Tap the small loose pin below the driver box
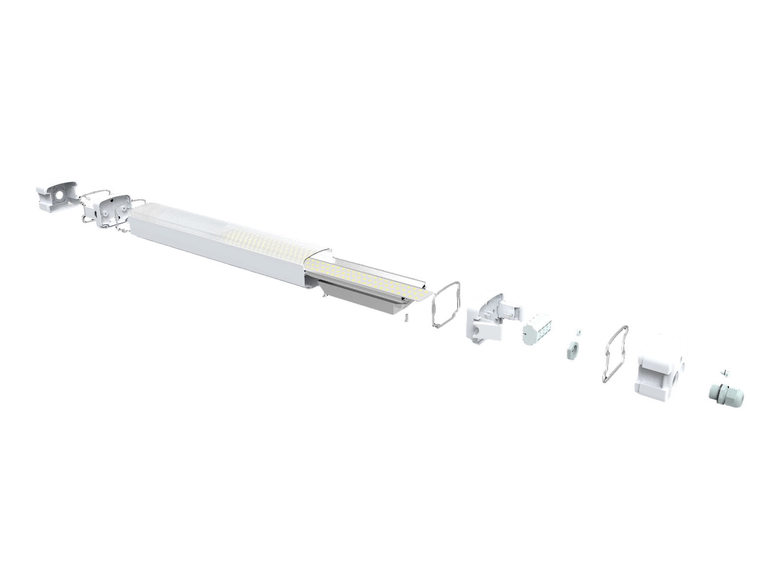(x=406, y=318)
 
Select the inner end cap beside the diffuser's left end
(x=115, y=211)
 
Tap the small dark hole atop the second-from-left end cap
(x=113, y=200)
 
